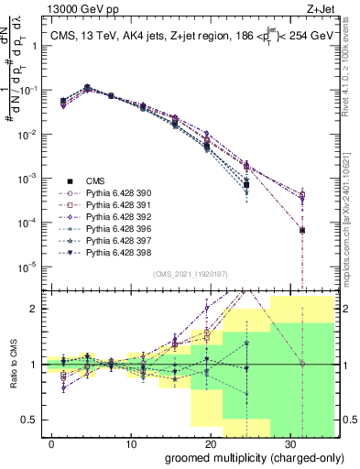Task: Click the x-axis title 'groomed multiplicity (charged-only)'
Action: click(243, 457)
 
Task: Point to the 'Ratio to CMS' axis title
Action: click(12, 364)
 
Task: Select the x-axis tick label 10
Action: click(131, 442)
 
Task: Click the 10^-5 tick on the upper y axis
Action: click(27, 267)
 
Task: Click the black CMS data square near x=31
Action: click(302, 230)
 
